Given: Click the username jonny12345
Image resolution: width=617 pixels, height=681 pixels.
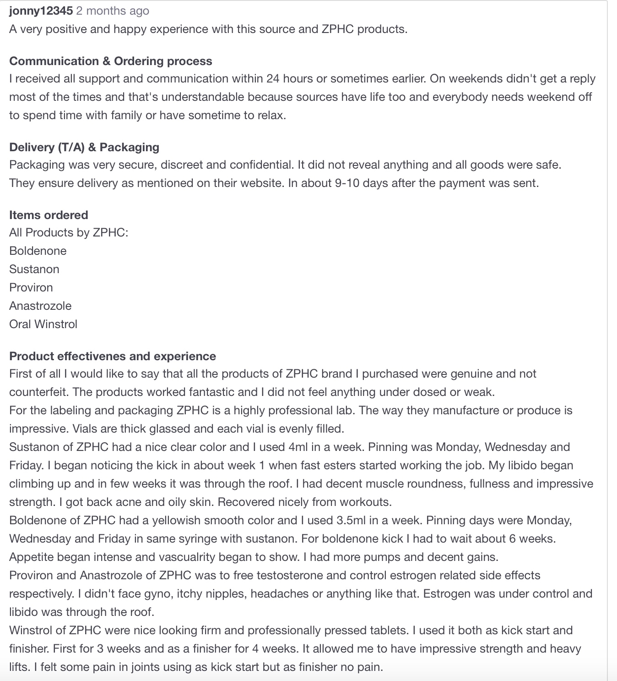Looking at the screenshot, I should coord(41,11).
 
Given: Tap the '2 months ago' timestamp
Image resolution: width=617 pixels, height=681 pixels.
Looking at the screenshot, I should coord(113,11).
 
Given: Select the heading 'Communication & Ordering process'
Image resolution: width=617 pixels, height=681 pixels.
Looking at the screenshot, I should coord(110,61).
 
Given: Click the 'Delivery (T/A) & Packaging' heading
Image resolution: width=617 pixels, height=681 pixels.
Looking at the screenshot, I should coord(84,147).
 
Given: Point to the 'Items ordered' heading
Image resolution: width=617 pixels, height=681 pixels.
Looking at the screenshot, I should coord(49,215).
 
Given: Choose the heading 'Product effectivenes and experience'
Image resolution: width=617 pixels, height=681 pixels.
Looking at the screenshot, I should coord(113,356).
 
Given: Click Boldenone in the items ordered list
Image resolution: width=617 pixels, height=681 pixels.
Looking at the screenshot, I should coord(38,251).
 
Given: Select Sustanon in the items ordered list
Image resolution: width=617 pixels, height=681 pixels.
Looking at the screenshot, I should coord(34,269).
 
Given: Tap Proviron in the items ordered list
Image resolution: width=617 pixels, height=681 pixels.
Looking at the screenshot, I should coord(31,287).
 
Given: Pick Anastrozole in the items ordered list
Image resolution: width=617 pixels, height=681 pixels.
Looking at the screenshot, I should coord(40,306).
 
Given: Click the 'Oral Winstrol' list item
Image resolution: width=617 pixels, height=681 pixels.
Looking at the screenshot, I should coord(43,324).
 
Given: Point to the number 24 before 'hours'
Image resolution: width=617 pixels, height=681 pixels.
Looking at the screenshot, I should coord(273,78).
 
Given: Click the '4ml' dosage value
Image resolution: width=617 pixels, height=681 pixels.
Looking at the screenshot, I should coord(298,447).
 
